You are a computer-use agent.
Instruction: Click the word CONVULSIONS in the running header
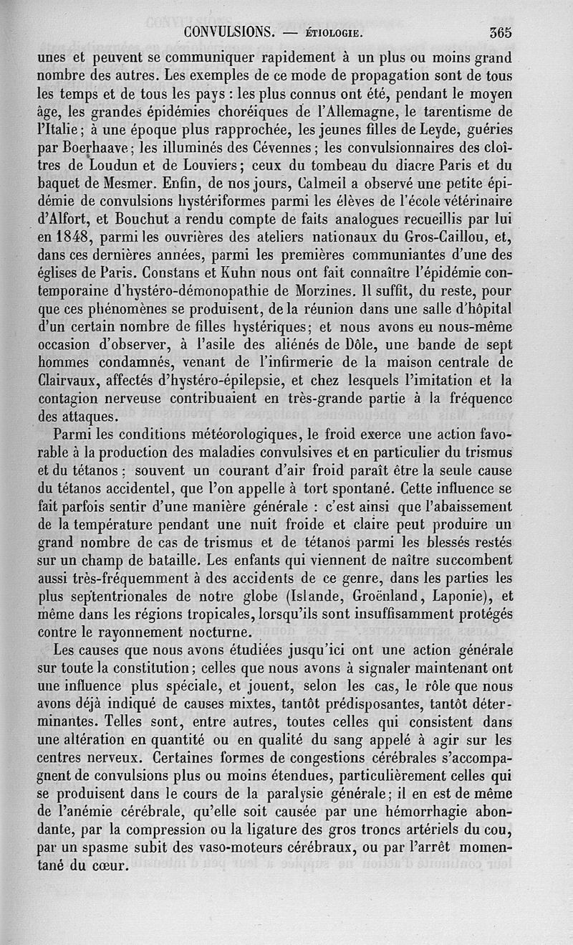(x=228, y=32)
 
